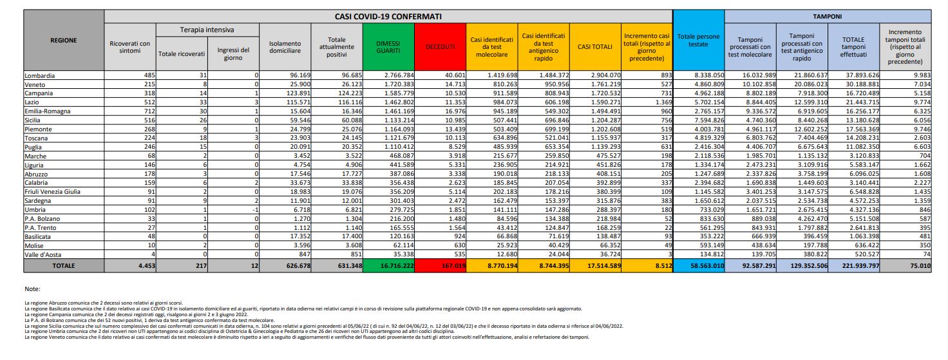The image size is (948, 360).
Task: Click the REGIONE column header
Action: point(63,40)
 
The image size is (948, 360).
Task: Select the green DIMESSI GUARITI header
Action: point(388,47)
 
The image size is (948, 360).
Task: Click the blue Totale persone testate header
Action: point(698,40)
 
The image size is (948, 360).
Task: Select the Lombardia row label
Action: point(40,75)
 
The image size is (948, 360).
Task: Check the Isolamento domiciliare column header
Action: point(284,47)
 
